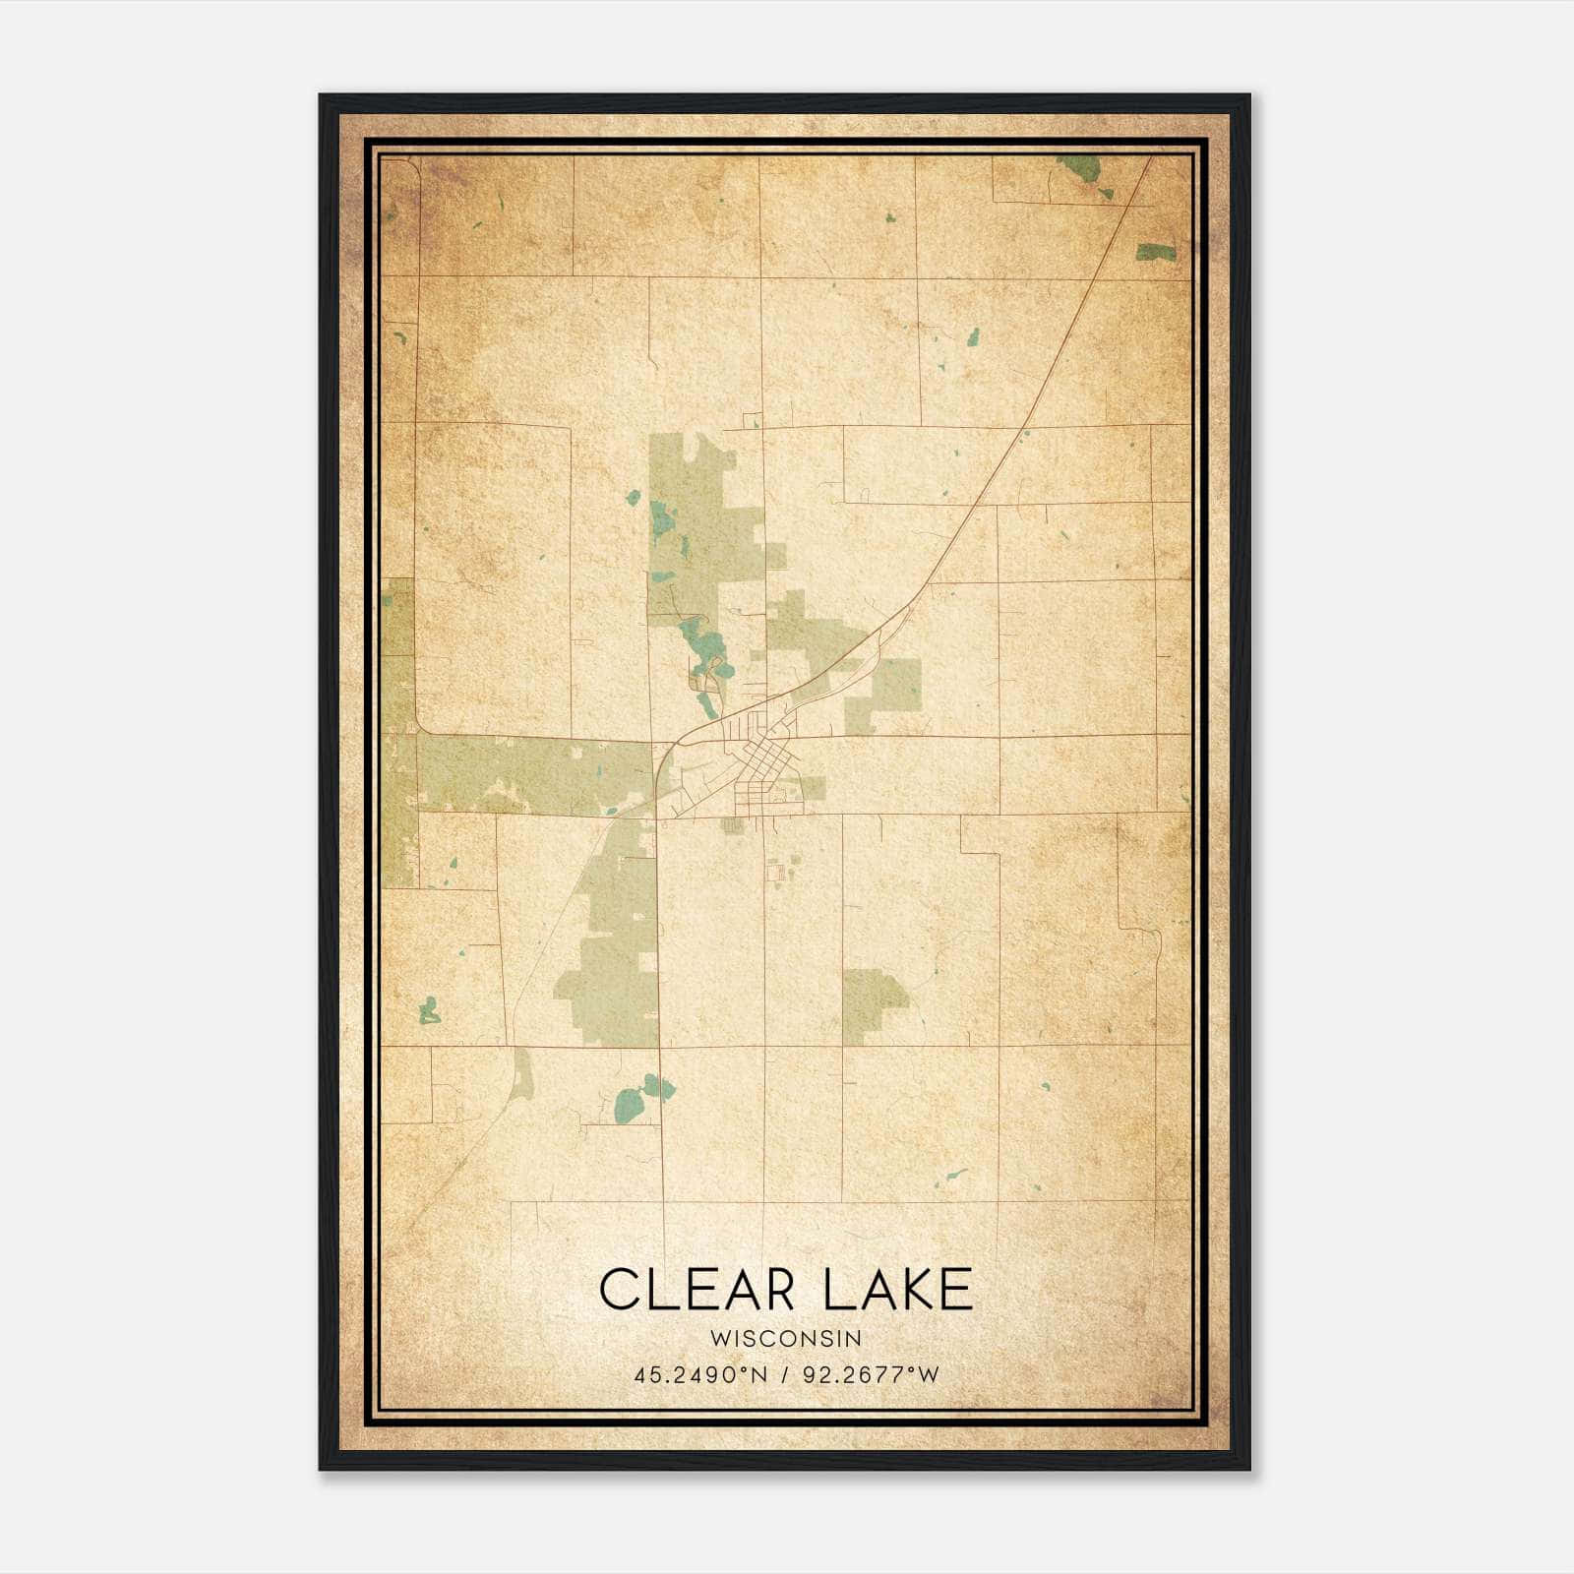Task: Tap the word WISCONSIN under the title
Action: (787, 1338)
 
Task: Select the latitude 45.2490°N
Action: (699, 1375)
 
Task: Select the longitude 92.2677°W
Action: (872, 1375)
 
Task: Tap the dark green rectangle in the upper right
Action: (1155, 252)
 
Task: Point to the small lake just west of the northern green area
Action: (632, 497)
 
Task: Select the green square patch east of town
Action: (895, 684)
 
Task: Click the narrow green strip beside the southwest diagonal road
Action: (521, 1075)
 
